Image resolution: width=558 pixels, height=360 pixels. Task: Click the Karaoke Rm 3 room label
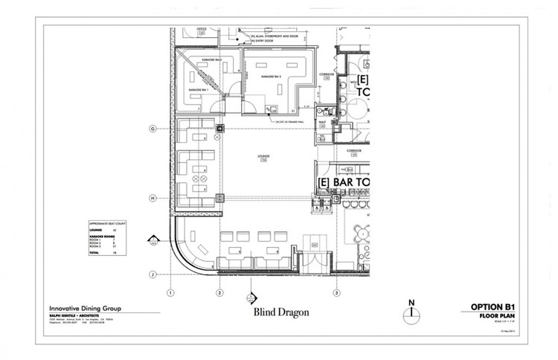point(270,77)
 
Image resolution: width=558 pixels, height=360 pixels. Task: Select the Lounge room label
point(262,157)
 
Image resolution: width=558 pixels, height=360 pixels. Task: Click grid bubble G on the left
point(152,129)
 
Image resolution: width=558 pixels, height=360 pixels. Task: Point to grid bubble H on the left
point(152,198)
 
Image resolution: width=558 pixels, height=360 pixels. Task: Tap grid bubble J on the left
point(152,274)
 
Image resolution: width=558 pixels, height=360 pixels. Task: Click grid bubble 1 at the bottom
point(170,293)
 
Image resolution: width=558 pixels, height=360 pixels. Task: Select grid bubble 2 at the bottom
point(219,293)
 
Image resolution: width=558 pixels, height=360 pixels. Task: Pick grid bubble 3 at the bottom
point(336,293)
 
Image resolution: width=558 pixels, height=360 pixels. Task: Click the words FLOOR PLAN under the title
point(498,316)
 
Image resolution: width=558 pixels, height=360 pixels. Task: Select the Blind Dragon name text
point(281,312)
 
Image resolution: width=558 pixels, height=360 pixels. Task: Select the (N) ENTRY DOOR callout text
point(260,40)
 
